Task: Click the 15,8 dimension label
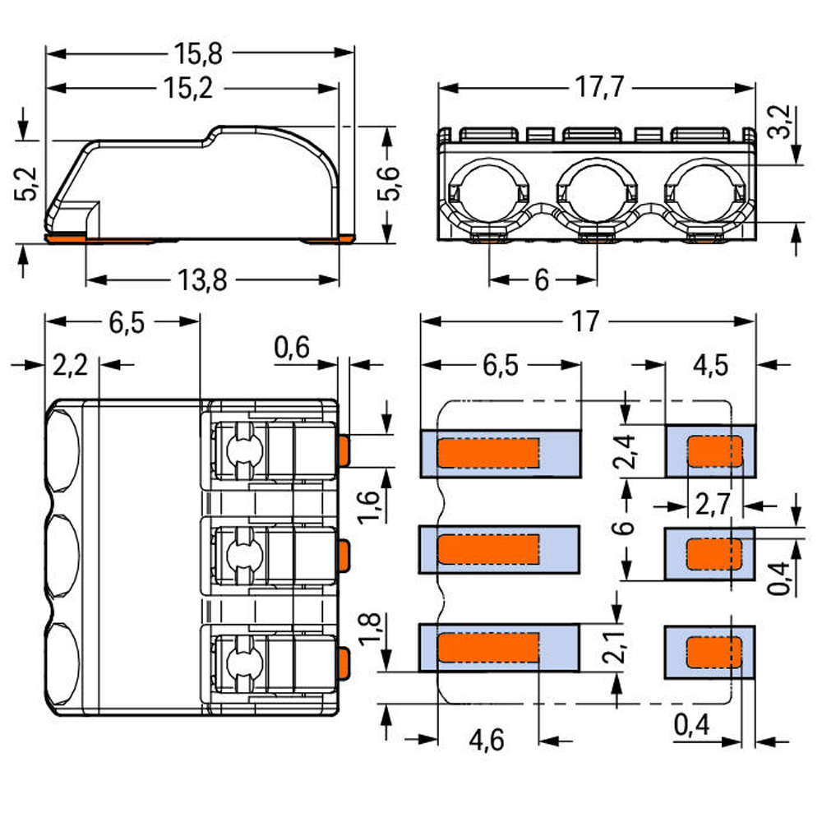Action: [x=198, y=54]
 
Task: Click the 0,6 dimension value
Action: [x=292, y=349]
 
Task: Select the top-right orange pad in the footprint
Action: [x=714, y=451]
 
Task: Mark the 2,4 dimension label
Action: [x=626, y=451]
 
